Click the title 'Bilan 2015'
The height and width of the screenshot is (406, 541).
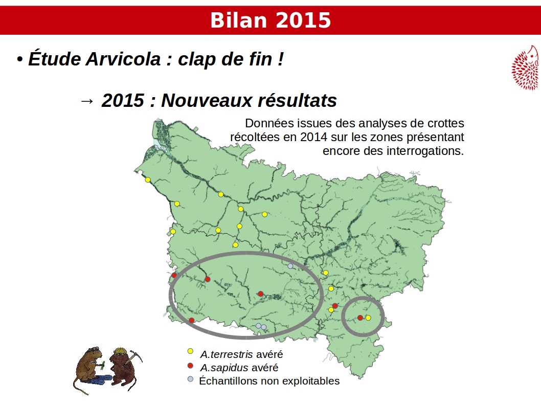270,20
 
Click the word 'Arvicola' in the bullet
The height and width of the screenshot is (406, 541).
123,59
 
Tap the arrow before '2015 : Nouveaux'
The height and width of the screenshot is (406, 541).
86,101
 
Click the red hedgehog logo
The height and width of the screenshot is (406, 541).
525,67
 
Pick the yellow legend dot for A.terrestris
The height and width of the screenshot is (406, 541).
190,351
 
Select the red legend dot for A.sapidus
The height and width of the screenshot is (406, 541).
190,366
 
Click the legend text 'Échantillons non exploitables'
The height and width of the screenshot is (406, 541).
269,381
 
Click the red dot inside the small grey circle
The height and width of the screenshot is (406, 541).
360,318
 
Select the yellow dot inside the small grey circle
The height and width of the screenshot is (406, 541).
369,318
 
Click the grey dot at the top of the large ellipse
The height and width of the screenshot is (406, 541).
290,266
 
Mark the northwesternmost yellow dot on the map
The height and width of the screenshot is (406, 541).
148,179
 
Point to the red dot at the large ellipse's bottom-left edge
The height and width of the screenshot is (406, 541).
191,321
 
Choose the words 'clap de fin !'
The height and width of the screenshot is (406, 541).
231,59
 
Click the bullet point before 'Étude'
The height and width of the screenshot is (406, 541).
19,59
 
